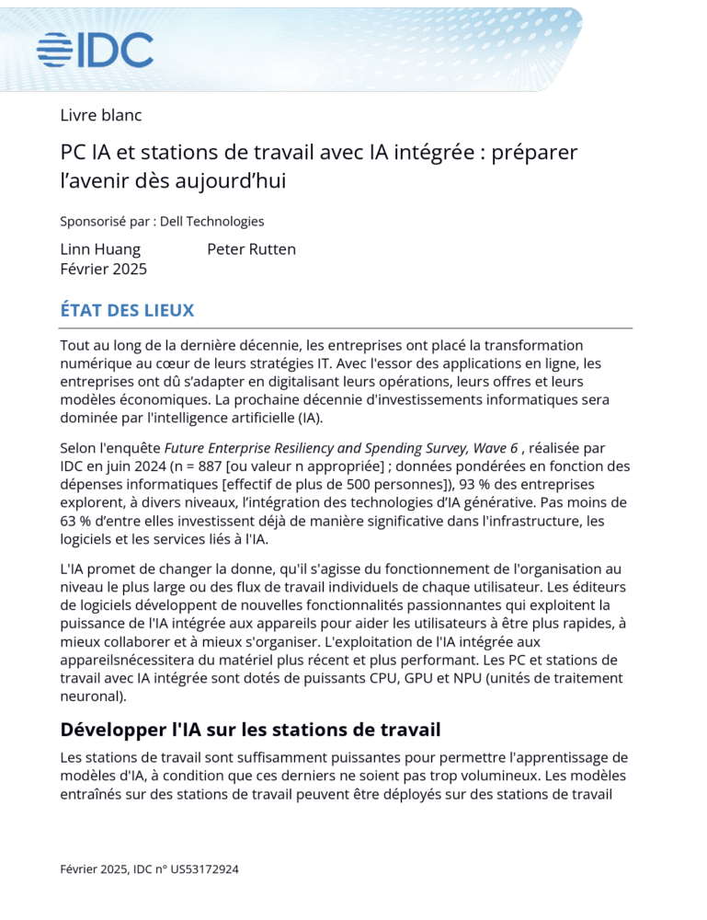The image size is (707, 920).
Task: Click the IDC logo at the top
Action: [95, 49]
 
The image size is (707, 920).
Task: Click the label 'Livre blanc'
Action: [100, 115]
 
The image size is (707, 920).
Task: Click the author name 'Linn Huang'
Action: [100, 249]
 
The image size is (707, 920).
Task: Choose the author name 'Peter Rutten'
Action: [251, 249]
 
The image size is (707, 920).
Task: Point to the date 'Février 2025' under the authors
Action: [103, 269]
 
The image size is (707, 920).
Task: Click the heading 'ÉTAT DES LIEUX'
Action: [127, 310]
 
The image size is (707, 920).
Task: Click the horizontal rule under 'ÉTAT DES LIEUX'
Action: [346, 328]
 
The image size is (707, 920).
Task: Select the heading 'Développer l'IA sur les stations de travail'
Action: [250, 730]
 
